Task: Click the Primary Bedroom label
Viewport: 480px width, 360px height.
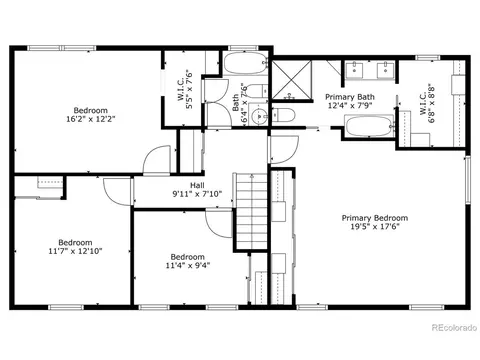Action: pyautogui.click(x=375, y=218)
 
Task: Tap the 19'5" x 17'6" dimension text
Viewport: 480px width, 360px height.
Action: pyautogui.click(x=375, y=227)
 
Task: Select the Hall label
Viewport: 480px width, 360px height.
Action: pyautogui.click(x=197, y=185)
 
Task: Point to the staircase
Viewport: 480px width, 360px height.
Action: pyautogui.click(x=252, y=211)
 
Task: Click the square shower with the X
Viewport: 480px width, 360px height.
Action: pyautogui.click(x=292, y=80)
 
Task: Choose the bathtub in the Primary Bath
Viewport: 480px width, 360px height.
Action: pyautogui.click(x=369, y=126)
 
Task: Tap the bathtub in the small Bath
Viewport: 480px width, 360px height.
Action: pyautogui.click(x=245, y=63)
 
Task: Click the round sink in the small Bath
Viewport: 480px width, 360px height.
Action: pyautogui.click(x=259, y=116)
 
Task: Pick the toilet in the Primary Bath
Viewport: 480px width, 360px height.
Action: pyautogui.click(x=283, y=115)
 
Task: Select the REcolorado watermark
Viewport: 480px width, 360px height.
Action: pyautogui.click(x=454, y=328)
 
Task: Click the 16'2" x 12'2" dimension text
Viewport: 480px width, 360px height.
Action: pyautogui.click(x=91, y=119)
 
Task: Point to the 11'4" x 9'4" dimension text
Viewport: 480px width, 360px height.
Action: pyautogui.click(x=188, y=266)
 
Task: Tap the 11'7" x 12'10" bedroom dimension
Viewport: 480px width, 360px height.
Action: pyautogui.click(x=75, y=251)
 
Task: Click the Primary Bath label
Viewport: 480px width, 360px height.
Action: pyautogui.click(x=350, y=97)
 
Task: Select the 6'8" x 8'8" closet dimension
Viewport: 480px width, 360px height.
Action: pyautogui.click(x=432, y=103)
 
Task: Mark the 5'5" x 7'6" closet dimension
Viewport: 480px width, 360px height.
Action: pyautogui.click(x=189, y=90)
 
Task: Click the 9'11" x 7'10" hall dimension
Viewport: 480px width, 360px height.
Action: pyautogui.click(x=197, y=194)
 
